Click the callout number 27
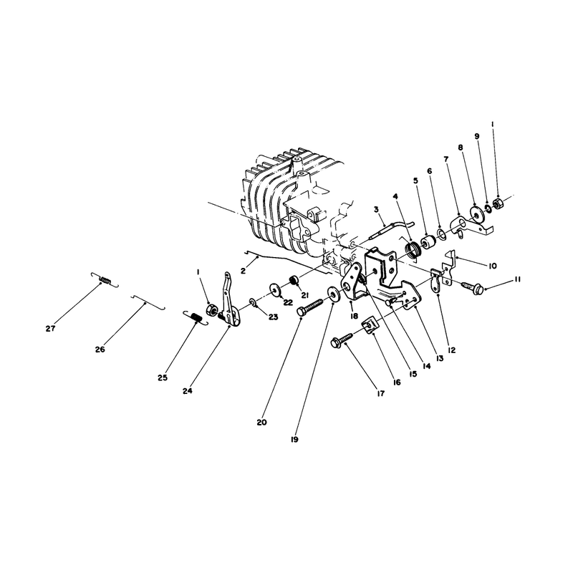point(50,329)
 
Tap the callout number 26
point(100,350)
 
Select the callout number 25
point(163,378)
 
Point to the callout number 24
point(188,391)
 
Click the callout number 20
point(261,423)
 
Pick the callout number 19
point(294,440)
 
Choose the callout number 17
point(380,393)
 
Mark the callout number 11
point(517,279)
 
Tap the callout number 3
point(376,209)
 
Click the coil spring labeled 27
point(105,280)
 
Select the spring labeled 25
point(196,317)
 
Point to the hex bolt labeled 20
point(309,307)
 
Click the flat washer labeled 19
point(332,294)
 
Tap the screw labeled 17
point(342,339)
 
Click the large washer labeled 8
point(476,213)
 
